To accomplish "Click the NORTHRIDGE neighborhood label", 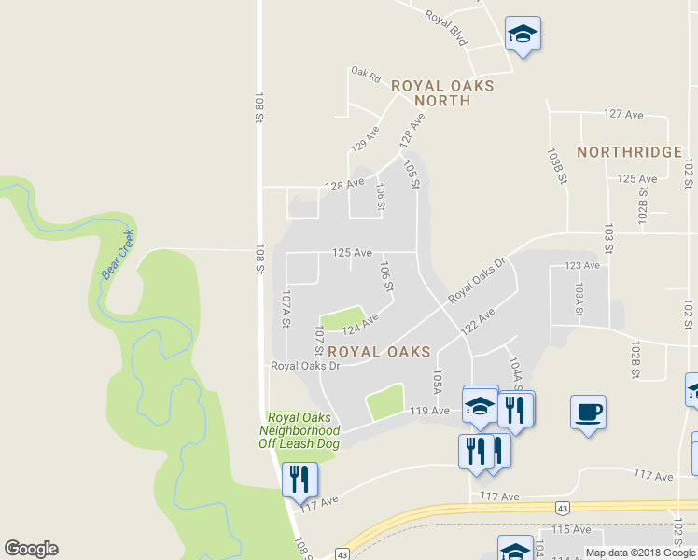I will (629, 152).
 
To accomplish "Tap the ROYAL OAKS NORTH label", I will (442, 92).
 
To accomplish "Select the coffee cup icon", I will (589, 412).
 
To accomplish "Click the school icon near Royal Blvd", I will (523, 35).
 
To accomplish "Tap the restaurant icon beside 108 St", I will (300, 481).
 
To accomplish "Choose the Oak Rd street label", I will (366, 74).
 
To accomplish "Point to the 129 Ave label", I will (365, 139).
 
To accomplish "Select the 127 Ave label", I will (624, 114).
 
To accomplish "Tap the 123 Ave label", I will (582, 266).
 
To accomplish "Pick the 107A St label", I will (287, 308).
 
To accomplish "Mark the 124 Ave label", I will (359, 325).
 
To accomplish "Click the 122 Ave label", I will (476, 324).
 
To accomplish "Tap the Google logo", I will (31, 549).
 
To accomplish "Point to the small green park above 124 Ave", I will (342, 318).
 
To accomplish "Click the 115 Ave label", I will (572, 529).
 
